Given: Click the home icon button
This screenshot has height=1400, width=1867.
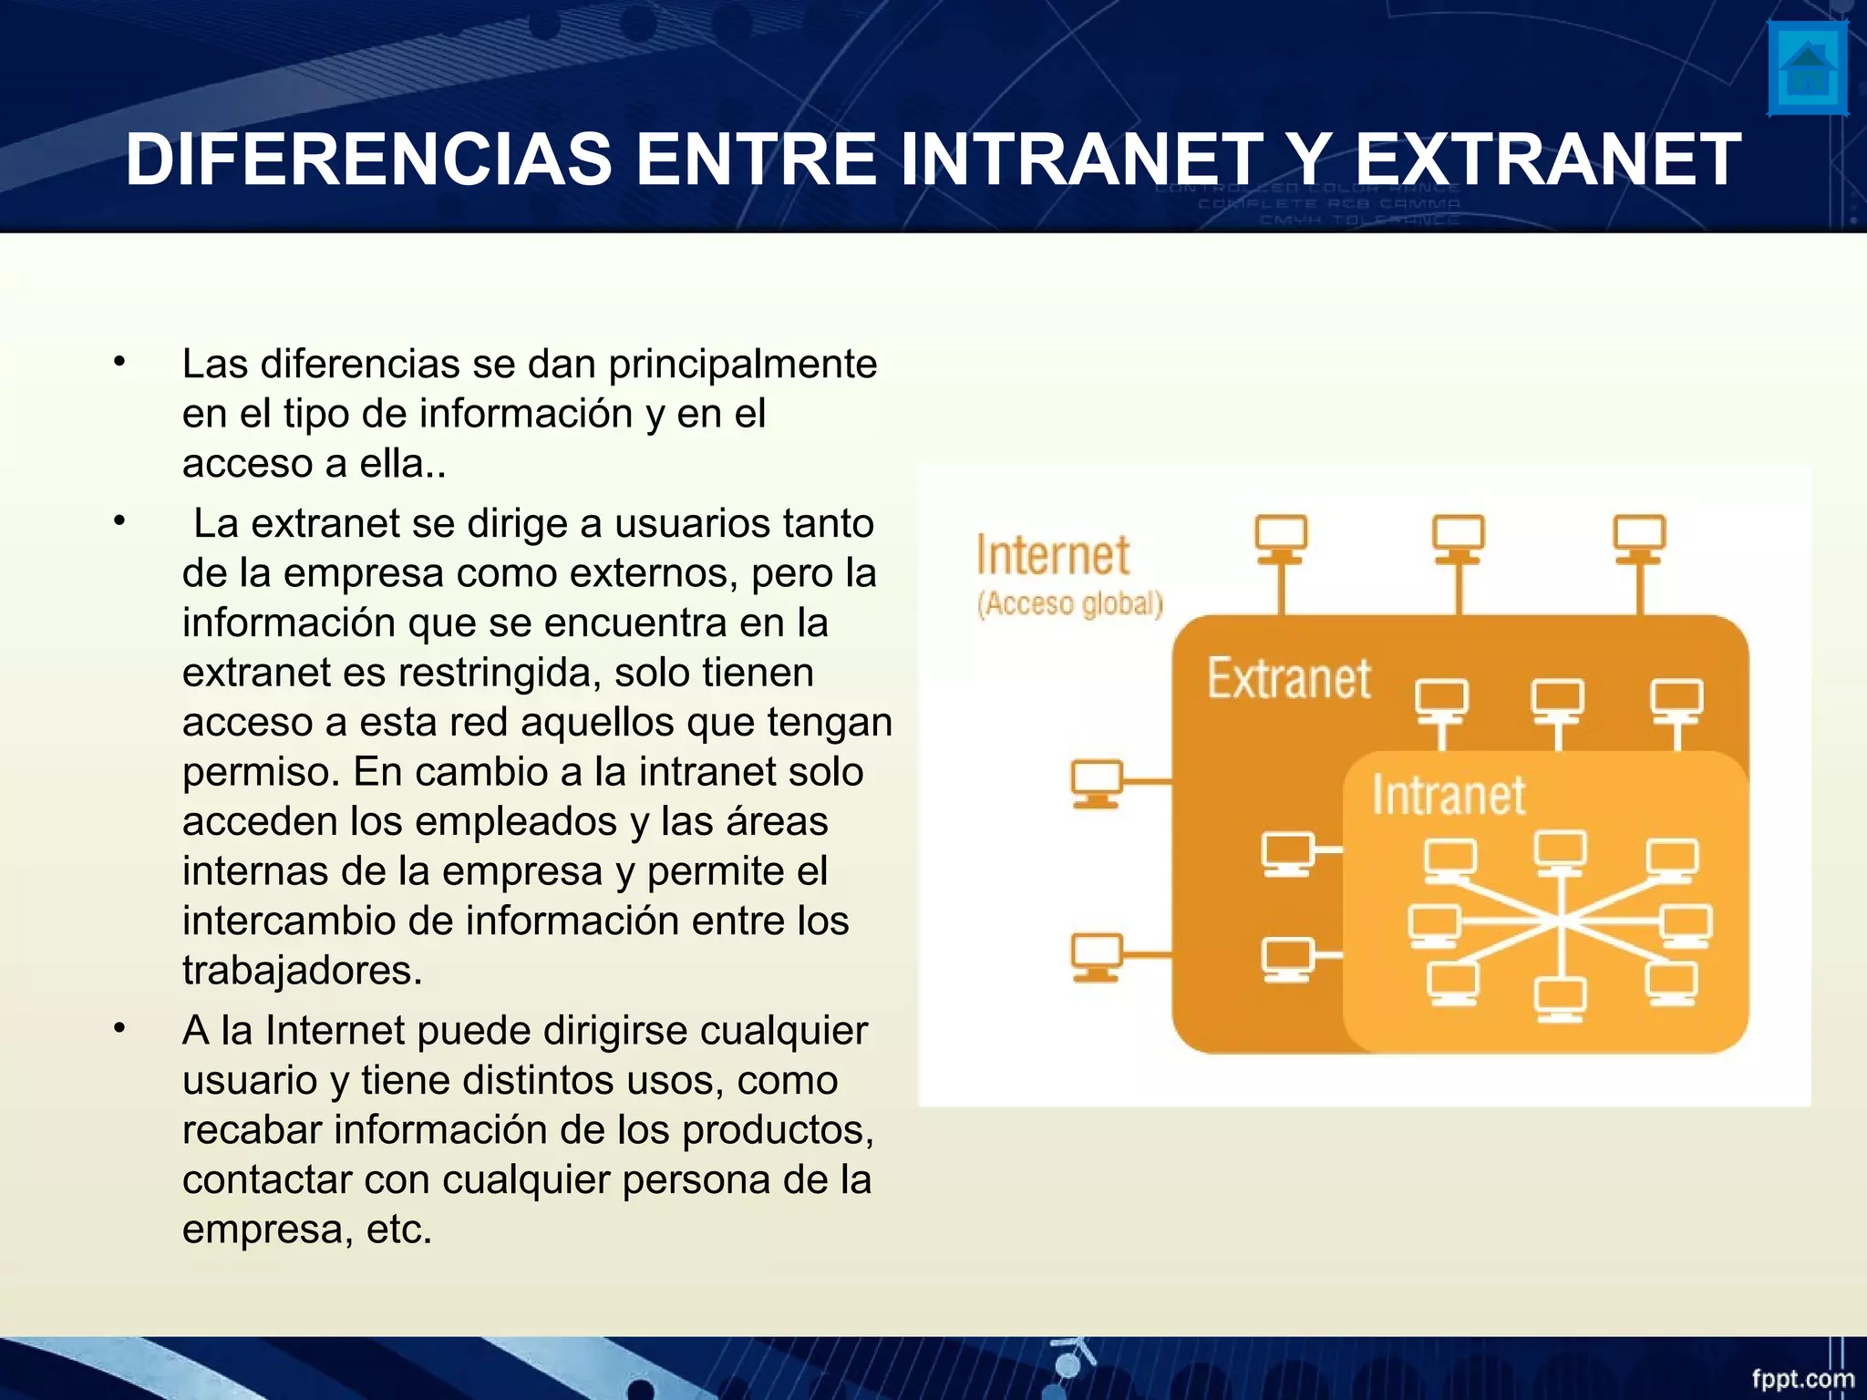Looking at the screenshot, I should point(1807,69).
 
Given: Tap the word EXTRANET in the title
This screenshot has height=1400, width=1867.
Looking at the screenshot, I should point(1548,160).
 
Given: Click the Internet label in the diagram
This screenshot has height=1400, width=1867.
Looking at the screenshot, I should point(1052,555).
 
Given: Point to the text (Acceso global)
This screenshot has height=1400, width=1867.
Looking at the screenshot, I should point(1070,603).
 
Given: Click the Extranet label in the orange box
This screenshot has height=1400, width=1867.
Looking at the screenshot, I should point(1288,678).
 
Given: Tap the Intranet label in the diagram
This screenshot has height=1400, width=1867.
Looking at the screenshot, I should point(1449,795).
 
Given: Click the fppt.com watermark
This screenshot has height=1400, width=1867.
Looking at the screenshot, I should point(1802,1378).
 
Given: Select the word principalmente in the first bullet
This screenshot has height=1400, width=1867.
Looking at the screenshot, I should point(742,364).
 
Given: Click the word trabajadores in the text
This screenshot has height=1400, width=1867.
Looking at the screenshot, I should point(302,970).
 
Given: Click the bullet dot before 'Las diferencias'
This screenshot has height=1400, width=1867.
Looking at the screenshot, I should point(119,363).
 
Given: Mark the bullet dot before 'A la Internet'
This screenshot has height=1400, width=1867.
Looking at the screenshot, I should point(119,1029).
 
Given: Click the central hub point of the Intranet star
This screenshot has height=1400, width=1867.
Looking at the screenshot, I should point(1562,921).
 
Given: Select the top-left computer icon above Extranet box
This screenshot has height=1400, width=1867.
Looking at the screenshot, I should point(1281,538).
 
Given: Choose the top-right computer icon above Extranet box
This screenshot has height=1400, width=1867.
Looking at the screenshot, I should point(1639,538).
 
